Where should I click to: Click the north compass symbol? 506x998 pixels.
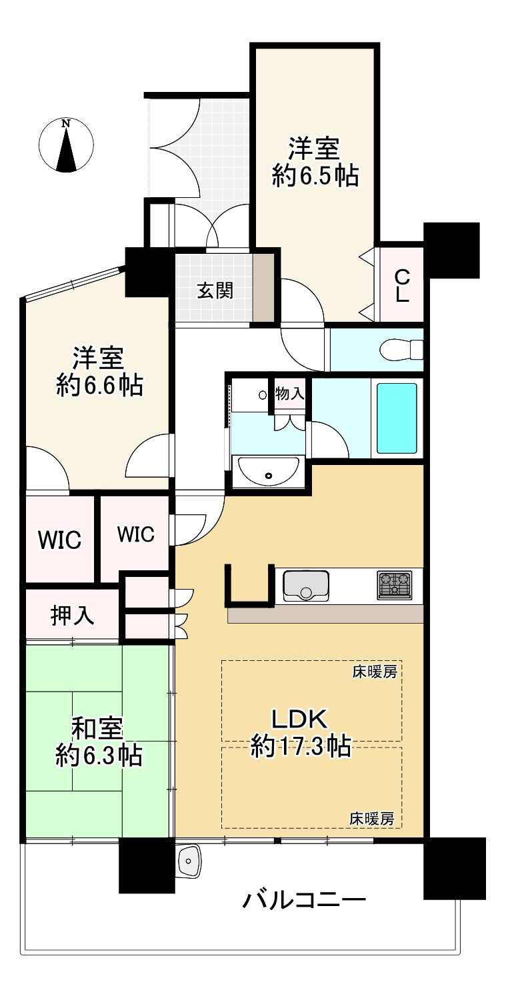(x=66, y=145)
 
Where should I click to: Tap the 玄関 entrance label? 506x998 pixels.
(x=215, y=290)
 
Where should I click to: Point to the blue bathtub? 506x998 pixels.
(x=397, y=418)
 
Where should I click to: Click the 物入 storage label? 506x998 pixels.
(x=290, y=394)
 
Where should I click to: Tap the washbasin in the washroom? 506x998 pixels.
(x=269, y=472)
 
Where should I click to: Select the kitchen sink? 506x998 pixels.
(x=306, y=584)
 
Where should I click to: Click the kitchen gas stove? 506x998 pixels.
(x=395, y=584)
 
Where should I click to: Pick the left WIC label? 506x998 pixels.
(x=59, y=540)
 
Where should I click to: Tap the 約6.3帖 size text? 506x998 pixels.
(x=98, y=755)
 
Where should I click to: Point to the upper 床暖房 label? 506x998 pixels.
(x=374, y=672)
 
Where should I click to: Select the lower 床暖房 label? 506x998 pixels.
(x=372, y=819)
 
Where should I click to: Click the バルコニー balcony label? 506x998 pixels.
(x=304, y=901)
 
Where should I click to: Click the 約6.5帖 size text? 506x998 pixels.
(x=315, y=175)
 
